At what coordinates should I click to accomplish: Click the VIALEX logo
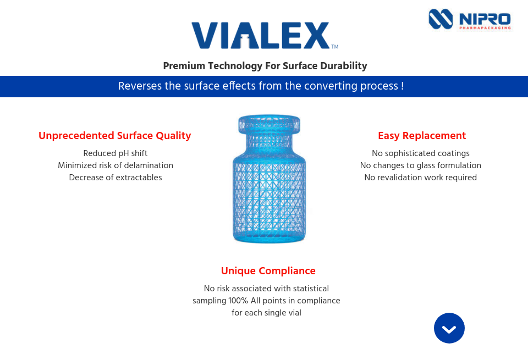(260, 36)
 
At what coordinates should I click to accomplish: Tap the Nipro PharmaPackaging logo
(470, 20)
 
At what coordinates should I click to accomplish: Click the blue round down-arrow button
(449, 328)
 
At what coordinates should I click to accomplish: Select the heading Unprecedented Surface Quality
(115, 136)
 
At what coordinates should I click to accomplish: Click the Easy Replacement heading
(421, 136)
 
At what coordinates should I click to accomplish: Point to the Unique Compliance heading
(268, 270)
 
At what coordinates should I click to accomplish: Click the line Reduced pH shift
(116, 153)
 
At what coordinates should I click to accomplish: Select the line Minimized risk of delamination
(116, 165)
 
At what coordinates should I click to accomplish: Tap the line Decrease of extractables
(116, 178)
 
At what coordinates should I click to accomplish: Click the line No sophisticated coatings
(421, 153)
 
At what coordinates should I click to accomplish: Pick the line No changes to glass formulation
(421, 165)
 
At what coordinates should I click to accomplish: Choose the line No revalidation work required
(421, 178)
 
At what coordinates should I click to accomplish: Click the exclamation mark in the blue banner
(402, 86)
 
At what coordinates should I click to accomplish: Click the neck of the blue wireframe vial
(269, 143)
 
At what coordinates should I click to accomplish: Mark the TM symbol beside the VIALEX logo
(334, 46)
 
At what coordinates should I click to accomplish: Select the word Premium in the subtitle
(184, 66)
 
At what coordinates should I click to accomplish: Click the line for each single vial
(266, 313)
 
